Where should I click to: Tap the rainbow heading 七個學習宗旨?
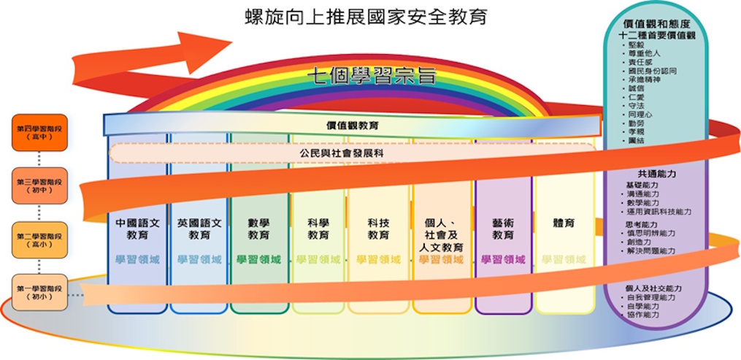click(x=371, y=75)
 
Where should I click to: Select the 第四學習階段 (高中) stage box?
click(x=39, y=133)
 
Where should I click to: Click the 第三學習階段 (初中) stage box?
click(x=39, y=186)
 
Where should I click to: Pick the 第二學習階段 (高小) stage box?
click(x=39, y=240)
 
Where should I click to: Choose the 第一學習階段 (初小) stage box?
click(x=39, y=294)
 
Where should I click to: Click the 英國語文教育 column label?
click(x=199, y=229)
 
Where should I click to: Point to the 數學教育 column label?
click(x=258, y=229)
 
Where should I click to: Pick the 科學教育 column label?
click(x=318, y=229)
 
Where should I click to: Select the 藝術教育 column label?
click(x=503, y=229)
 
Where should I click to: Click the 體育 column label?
click(x=564, y=223)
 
